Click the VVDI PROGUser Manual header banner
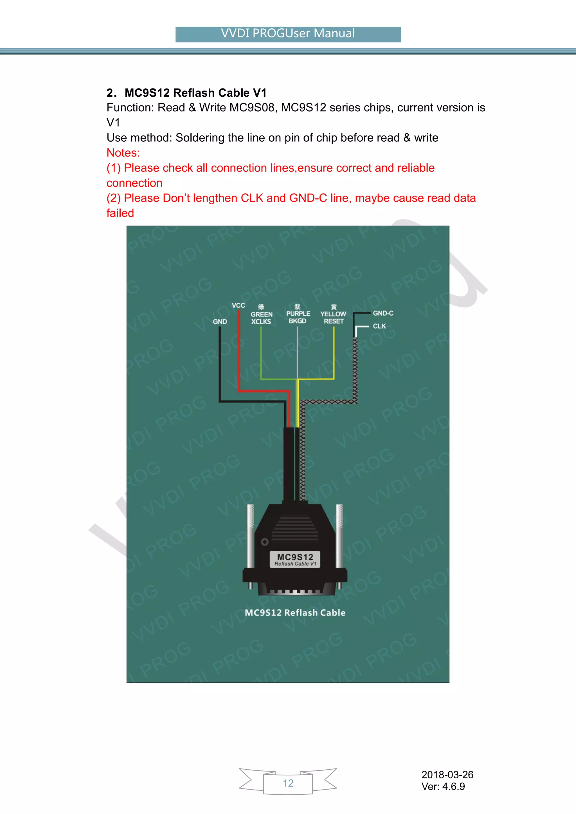point(288,34)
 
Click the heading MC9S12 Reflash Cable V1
point(195,93)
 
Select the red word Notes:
point(123,153)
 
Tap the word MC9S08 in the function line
point(252,108)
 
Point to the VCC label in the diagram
point(238,306)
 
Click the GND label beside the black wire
point(220,322)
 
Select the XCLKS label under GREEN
point(261,322)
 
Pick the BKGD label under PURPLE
point(297,321)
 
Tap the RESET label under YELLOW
point(333,321)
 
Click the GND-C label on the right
point(383,313)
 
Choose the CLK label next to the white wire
point(379,326)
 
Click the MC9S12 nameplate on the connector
point(295,559)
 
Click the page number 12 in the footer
point(288,783)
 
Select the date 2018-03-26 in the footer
point(447,775)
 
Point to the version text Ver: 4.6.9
point(443,787)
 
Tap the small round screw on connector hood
point(265,542)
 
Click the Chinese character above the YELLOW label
point(333,307)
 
